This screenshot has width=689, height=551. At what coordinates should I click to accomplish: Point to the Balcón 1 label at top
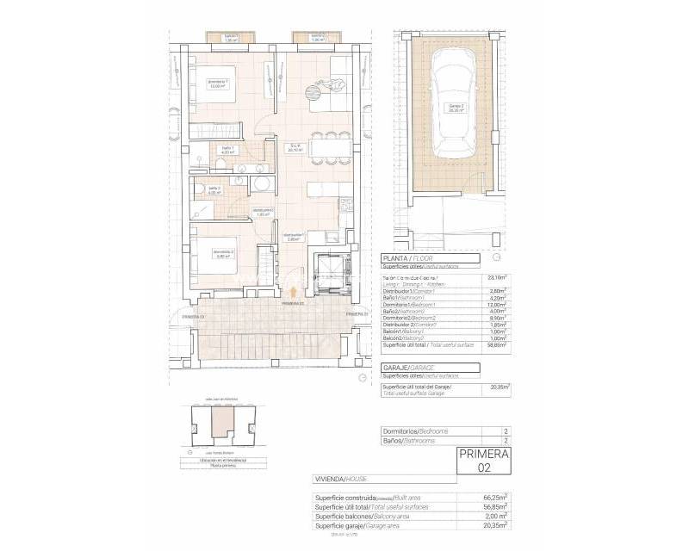pos(231,37)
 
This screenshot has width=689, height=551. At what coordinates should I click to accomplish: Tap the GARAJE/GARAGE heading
pos(414,367)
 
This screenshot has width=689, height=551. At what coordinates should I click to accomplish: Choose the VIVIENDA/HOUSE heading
pos(345,477)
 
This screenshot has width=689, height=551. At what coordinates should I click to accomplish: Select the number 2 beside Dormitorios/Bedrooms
pos(494,430)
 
